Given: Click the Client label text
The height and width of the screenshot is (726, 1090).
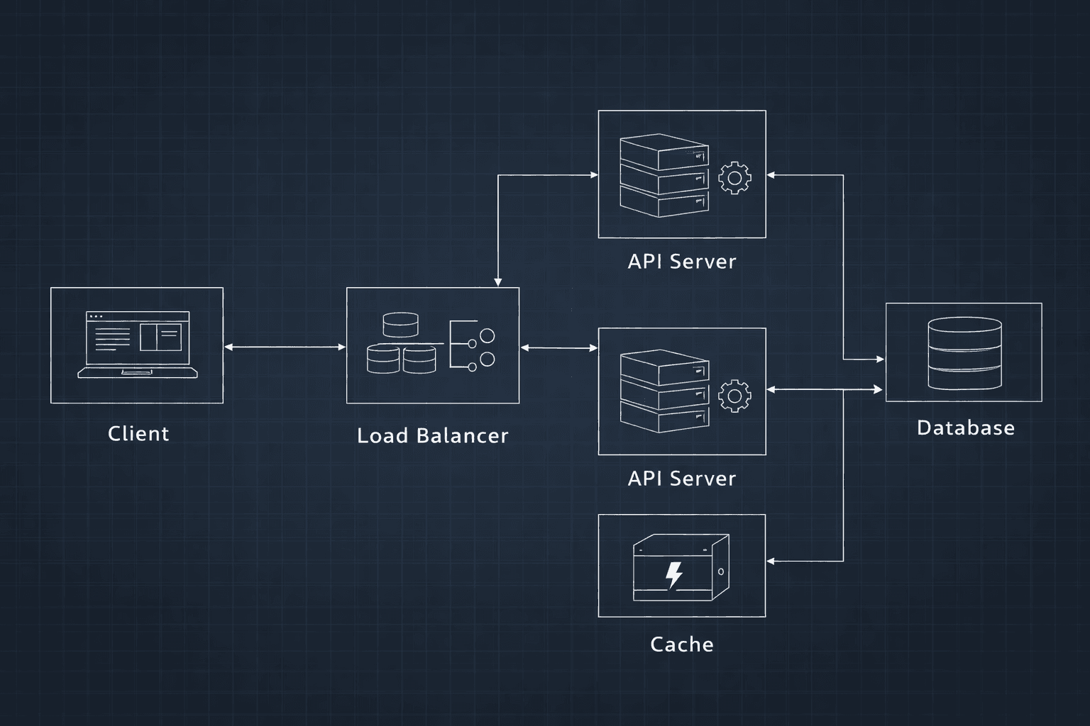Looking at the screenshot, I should (138, 433).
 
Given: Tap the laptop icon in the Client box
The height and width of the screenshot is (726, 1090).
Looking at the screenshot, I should (138, 345).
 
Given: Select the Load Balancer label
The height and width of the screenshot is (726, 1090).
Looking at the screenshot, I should (432, 435).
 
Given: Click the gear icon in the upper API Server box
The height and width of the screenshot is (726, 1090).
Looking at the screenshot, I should (734, 177).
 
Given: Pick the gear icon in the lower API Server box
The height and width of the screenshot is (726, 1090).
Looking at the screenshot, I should (734, 396).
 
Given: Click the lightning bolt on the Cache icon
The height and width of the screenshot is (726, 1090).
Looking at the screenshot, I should (673, 575).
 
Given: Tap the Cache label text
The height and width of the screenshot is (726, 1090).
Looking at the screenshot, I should (681, 644).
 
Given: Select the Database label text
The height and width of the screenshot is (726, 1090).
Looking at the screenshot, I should (965, 428).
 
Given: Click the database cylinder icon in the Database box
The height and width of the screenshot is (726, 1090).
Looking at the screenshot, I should (964, 353).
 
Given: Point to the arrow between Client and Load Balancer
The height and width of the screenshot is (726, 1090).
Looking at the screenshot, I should (285, 347).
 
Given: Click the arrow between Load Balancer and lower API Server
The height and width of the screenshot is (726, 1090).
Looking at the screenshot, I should (558, 347).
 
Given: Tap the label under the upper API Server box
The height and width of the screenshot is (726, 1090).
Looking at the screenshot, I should (681, 262).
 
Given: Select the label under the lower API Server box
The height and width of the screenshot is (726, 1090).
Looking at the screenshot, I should (681, 479).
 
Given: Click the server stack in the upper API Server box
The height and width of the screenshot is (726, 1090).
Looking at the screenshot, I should (664, 176).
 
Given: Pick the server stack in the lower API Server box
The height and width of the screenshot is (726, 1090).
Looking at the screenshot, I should (664, 391).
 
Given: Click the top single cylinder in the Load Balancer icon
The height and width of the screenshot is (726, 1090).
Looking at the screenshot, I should (400, 325).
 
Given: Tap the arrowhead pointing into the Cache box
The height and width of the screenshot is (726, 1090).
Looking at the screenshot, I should (771, 561).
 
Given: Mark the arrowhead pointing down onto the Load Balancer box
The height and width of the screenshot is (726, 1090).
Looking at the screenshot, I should (498, 282).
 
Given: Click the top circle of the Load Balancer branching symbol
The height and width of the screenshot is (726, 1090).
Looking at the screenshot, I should (487, 335).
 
